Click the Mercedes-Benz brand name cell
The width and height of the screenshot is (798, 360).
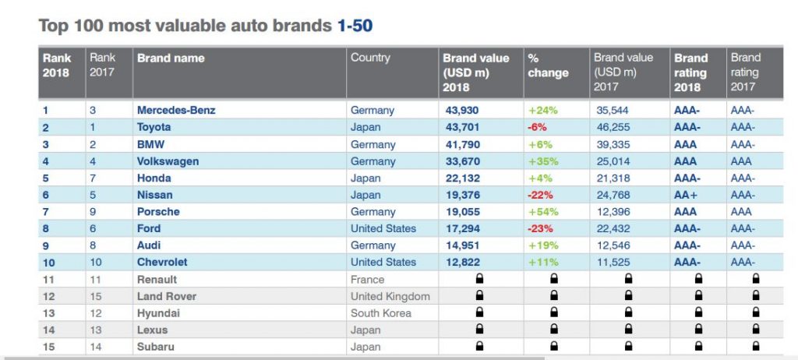[176, 110]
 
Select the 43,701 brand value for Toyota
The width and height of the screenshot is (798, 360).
[461, 127]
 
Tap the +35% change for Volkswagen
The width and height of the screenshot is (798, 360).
[543, 161]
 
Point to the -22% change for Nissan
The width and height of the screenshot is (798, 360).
[541, 195]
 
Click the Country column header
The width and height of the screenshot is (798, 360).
[370, 58]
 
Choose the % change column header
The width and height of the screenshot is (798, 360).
[548, 65]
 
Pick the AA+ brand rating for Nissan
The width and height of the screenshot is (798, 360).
[686, 195]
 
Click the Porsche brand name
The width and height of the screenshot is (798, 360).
[158, 212]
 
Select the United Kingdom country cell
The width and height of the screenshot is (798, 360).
[390, 296]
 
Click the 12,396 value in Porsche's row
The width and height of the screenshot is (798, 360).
[613, 212]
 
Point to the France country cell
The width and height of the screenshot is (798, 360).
[367, 280]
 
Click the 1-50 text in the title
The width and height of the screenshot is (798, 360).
[355, 26]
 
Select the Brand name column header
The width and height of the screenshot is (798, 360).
[171, 58]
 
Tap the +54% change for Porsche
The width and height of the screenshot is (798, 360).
[543, 212]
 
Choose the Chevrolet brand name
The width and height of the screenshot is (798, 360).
[162, 263]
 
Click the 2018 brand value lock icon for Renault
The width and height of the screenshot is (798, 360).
[479, 279]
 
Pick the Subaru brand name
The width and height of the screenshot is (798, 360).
[155, 347]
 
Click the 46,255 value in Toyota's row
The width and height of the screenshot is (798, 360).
[613, 127]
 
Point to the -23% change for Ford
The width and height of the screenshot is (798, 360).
[541, 228]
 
